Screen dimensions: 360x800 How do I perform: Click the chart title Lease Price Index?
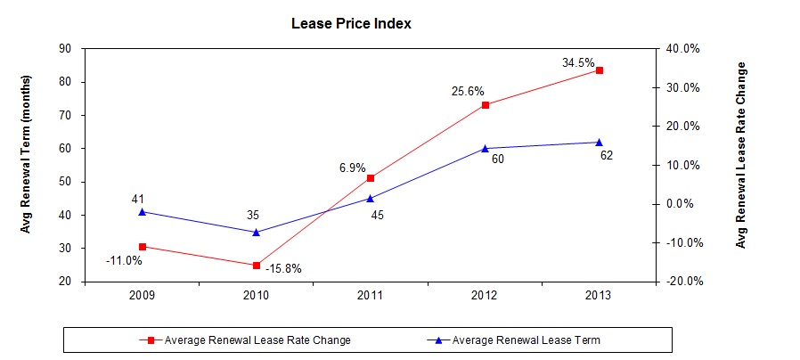pos(351,24)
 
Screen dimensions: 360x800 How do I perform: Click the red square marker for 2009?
pos(142,247)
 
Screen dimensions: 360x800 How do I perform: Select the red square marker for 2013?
pos(600,70)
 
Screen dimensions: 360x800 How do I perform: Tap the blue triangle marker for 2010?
pos(257,232)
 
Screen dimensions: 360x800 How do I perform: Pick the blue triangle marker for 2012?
pos(486,148)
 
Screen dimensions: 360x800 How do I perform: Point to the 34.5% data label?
pos(578,63)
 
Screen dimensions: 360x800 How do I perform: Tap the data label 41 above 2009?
pos(138,199)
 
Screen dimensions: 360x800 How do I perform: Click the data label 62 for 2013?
pos(607,156)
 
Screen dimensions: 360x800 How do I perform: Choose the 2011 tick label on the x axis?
pos(371,295)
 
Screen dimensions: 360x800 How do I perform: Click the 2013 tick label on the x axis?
pos(600,295)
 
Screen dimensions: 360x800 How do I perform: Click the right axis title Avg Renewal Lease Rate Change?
pos(741,155)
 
